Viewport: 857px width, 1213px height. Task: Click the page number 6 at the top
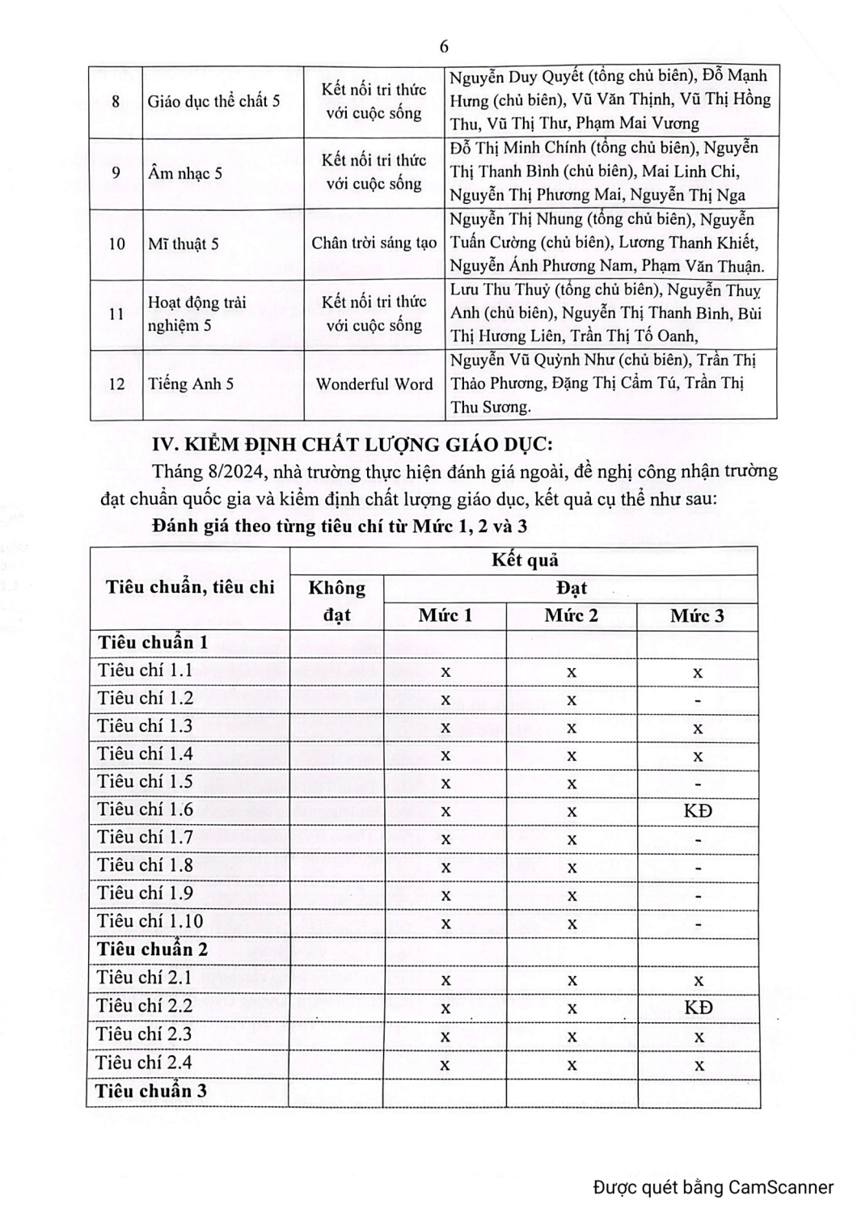444,46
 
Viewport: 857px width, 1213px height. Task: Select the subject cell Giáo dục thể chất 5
213,101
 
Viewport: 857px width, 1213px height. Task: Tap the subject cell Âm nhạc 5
185,173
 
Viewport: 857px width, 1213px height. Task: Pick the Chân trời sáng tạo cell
374,243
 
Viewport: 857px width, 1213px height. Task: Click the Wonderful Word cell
374,384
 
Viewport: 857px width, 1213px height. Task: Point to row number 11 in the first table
116,314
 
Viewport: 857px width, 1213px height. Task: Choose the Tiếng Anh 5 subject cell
191,384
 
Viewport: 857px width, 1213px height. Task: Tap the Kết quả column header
525,560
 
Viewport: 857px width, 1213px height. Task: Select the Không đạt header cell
336,601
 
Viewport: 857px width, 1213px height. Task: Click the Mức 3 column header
697,616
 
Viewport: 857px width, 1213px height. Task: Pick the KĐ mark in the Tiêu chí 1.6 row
698,809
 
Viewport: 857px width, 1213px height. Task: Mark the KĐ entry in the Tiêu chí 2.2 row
699,1007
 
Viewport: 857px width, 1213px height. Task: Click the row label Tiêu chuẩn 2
153,949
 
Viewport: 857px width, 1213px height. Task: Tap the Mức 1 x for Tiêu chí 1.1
445,672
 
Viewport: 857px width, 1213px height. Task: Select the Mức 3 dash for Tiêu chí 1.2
698,700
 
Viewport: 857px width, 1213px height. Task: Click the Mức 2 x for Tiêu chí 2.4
572,1065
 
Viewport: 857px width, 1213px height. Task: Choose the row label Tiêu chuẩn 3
151,1091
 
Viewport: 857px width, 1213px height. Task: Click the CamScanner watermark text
713,1187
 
